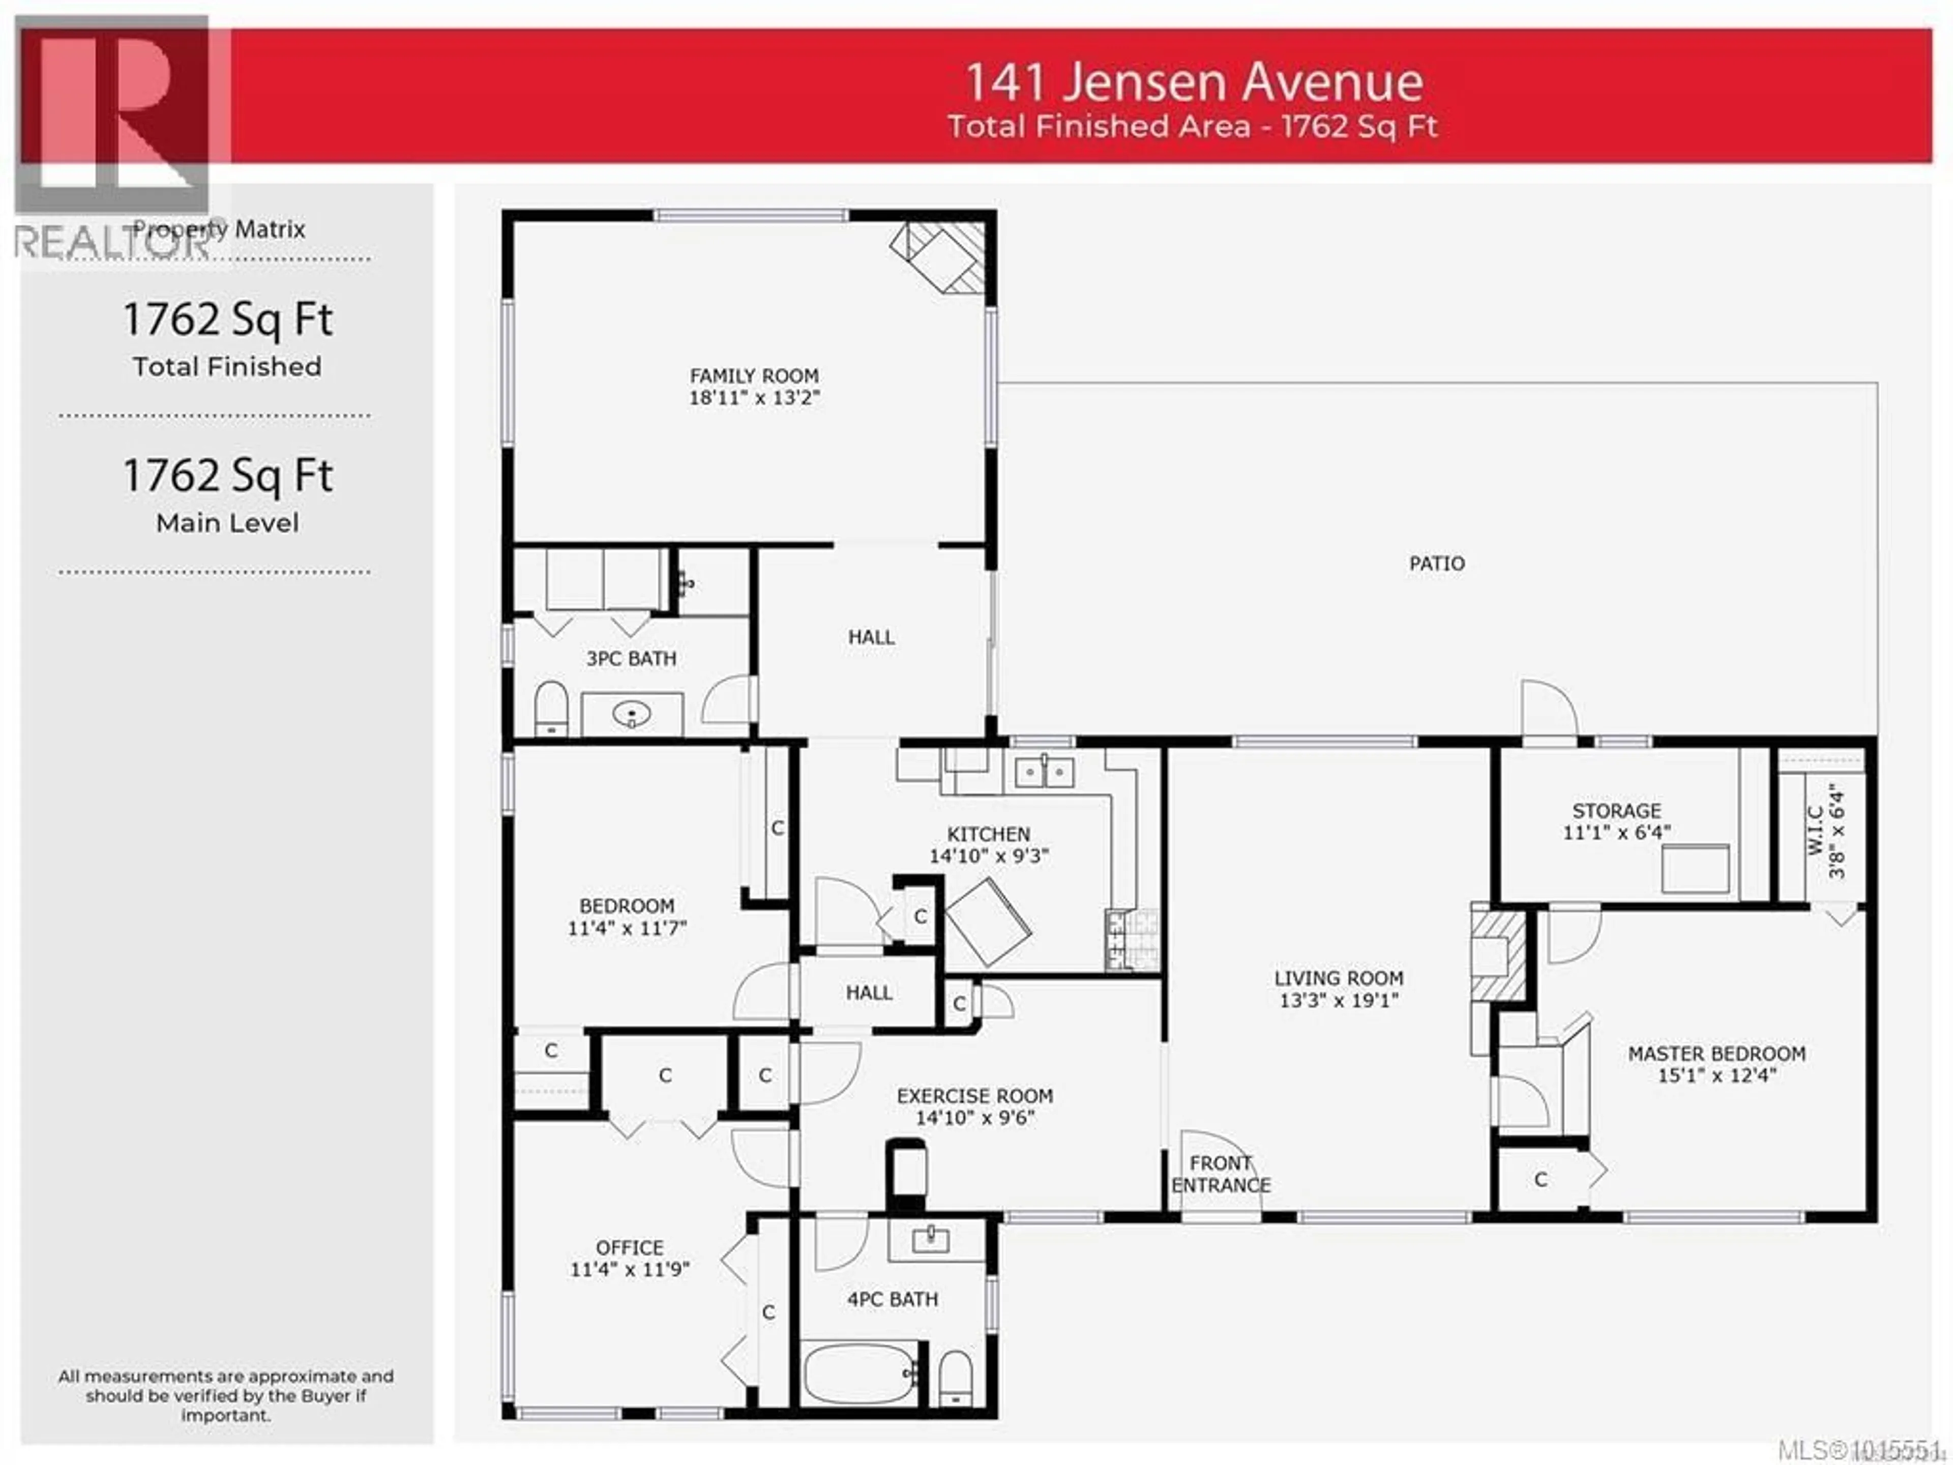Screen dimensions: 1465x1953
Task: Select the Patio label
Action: (1436, 564)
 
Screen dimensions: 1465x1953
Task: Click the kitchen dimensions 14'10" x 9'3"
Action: (988, 856)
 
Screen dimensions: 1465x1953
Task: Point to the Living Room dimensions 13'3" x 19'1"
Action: (1339, 1001)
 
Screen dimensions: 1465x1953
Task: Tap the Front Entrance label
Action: (1221, 1175)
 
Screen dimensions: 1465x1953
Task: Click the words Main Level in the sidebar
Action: (227, 523)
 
